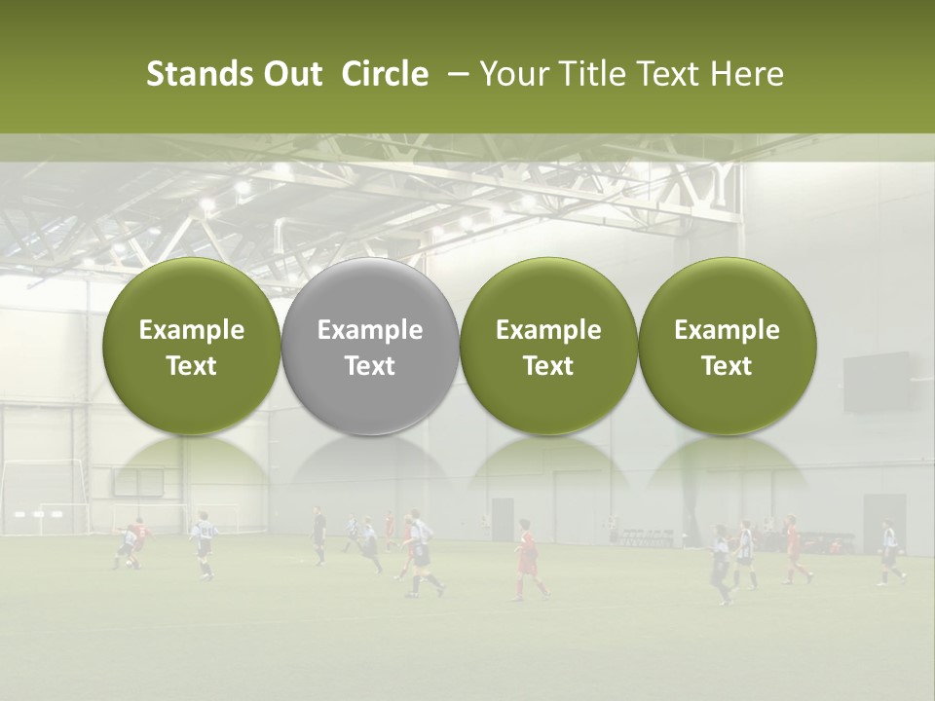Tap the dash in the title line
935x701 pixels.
pyautogui.click(x=455, y=74)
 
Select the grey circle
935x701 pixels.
pyautogui.click(x=370, y=347)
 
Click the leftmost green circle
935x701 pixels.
pyautogui.click(x=191, y=347)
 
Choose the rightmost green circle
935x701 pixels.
pyautogui.click(x=727, y=347)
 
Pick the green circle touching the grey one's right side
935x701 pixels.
pyautogui.click(x=548, y=347)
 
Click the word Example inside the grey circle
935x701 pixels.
pyautogui.click(x=370, y=330)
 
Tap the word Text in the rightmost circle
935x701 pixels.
pyautogui.click(x=727, y=366)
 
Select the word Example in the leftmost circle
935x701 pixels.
pyautogui.click(x=191, y=330)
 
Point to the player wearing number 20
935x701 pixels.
pyautogui.click(x=205, y=543)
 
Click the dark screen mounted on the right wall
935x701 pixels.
pyautogui.click(x=877, y=382)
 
